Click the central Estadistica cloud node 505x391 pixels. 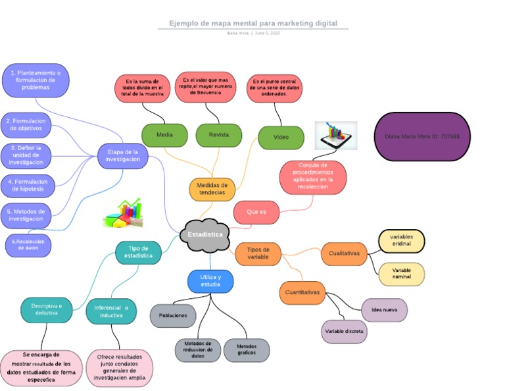pos(204,235)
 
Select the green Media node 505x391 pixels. pos(164,135)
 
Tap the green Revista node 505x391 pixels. pos(219,135)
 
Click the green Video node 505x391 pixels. pos(281,138)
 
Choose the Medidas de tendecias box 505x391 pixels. pos(212,188)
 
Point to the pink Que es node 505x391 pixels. pos(256,212)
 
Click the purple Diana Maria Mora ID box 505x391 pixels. pos(422,136)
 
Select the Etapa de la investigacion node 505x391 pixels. pos(123,155)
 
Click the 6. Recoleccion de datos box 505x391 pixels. pos(28,245)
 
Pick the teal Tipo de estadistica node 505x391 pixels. pos(138,251)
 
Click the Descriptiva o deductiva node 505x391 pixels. pos(47,310)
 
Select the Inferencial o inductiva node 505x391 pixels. pos(111,311)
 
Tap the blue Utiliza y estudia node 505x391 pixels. pos(210,281)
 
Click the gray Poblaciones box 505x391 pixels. pos(173,315)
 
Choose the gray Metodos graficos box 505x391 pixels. pos(247,350)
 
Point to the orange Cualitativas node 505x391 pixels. pos(344,253)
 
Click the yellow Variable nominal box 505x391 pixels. pos(401,274)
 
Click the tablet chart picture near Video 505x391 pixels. pos(335,136)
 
